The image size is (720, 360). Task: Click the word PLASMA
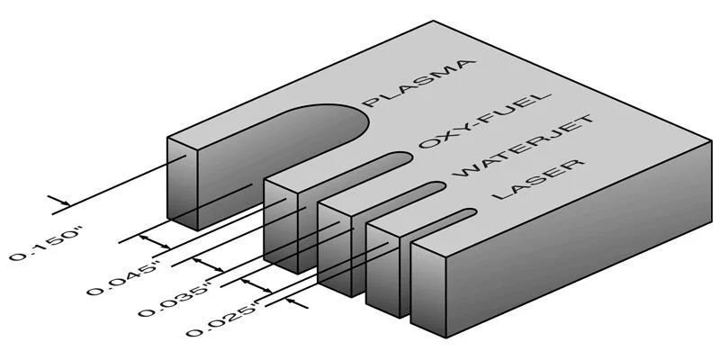click(x=417, y=83)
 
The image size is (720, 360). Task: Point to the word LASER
click(x=538, y=178)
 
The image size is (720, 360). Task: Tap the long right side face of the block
click(x=579, y=238)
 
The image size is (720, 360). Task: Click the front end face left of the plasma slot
click(x=183, y=184)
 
